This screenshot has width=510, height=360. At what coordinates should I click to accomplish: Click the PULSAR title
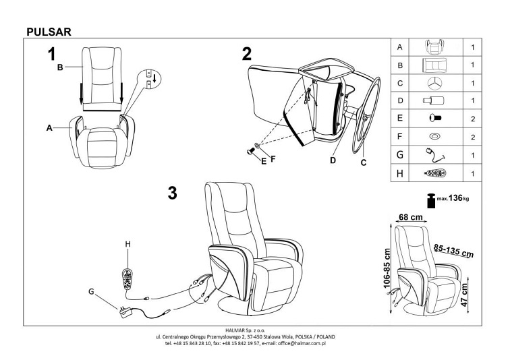(48, 30)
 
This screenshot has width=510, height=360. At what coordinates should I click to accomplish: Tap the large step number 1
(51, 55)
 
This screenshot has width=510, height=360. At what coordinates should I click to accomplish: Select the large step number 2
(247, 53)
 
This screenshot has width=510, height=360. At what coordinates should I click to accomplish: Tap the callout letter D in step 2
(333, 160)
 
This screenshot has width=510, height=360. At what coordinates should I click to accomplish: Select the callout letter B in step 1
(59, 67)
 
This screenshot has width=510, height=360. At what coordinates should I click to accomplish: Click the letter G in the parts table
(400, 155)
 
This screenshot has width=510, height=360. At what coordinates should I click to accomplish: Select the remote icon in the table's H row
(434, 173)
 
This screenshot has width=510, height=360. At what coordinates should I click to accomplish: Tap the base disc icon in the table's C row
(434, 83)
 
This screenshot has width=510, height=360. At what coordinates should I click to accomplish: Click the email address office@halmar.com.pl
(297, 343)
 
